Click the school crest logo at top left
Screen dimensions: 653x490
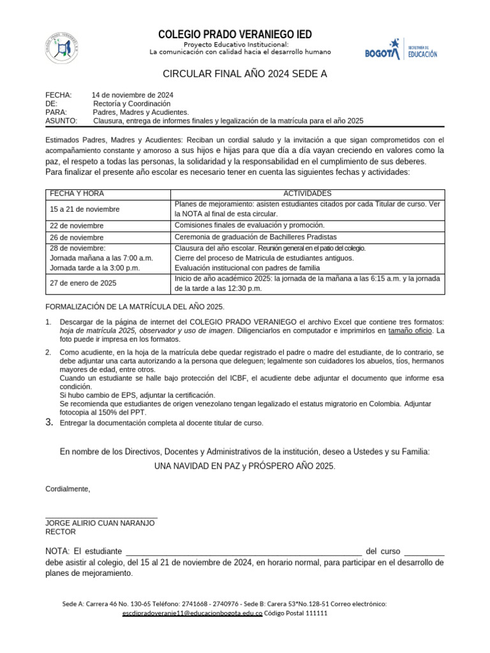pos(63,48)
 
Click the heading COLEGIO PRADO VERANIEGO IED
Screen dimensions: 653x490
pos(235,34)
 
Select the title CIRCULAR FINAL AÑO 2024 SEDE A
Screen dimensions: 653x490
pos(245,74)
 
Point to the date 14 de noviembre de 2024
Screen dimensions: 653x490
pos(132,95)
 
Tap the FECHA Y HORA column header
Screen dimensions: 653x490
pos(77,193)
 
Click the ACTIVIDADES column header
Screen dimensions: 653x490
pos(307,193)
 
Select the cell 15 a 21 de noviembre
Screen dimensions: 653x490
pos(84,209)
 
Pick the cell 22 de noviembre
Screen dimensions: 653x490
pos(77,226)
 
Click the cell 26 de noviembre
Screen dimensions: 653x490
pos(77,237)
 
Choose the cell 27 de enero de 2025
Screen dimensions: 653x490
pos(83,282)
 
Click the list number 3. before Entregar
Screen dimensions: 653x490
pos(50,422)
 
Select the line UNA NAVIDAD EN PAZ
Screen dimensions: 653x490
pos(244,466)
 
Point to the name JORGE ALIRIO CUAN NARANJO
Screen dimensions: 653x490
pos(100,522)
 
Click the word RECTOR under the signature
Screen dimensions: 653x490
pos(60,531)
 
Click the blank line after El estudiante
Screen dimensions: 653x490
pos(244,552)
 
